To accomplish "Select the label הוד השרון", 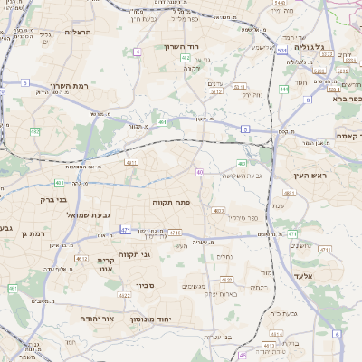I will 182,46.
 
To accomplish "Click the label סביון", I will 147,285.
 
